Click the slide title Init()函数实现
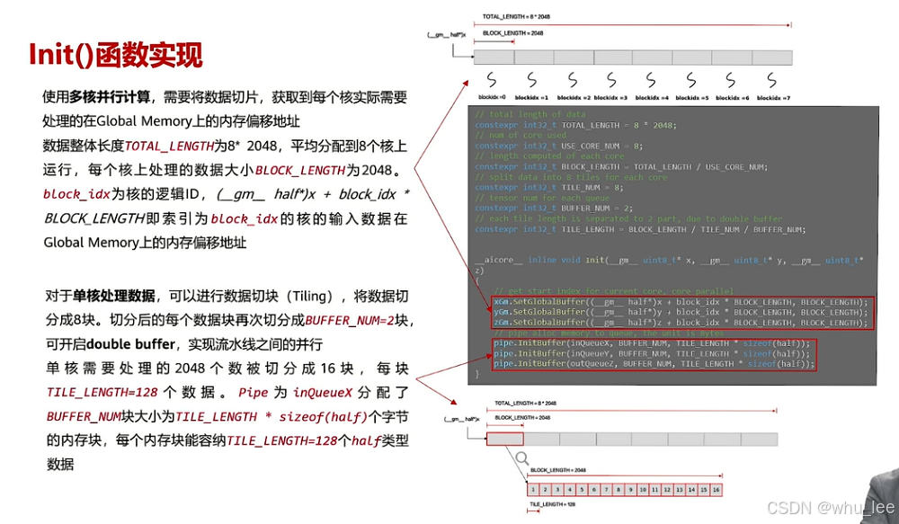(x=116, y=55)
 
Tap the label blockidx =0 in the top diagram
(x=492, y=97)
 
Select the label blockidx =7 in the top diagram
(x=776, y=97)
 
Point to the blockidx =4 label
(x=652, y=97)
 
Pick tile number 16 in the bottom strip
(x=717, y=489)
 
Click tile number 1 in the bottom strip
(x=533, y=489)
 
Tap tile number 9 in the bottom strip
(x=631, y=489)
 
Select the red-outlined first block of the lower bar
(x=504, y=440)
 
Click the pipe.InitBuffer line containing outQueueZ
(x=653, y=364)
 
